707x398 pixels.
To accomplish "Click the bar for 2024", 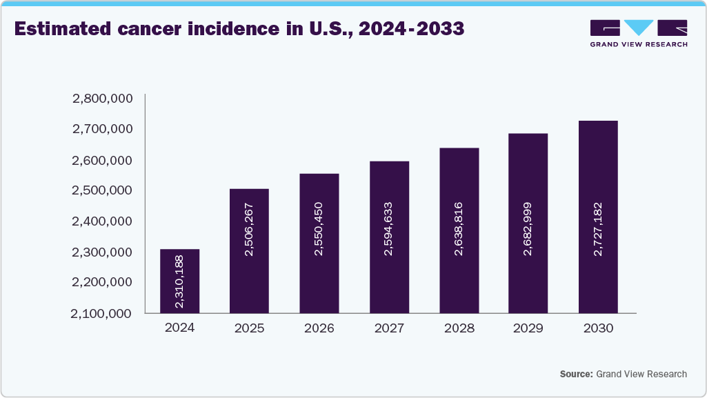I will coord(179,281).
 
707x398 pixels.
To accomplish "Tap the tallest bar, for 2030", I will coord(598,217).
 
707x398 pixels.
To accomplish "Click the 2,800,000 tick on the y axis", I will coord(102,99).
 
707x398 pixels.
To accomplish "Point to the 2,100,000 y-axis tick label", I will coord(102,313).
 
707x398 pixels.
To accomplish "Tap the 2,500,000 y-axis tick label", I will coord(102,190).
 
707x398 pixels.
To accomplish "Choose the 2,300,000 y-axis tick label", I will coord(102,252).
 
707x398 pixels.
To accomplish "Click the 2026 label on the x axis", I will coord(319,328).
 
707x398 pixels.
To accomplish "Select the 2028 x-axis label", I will coord(459,328).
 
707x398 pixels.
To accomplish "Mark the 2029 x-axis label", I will coord(528,328).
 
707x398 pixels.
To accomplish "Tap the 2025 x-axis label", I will coord(249,328).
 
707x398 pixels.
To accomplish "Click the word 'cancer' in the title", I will coord(146,30).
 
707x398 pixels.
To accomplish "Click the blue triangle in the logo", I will coord(639,28).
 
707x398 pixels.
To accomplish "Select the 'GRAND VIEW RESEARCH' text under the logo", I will coord(639,44).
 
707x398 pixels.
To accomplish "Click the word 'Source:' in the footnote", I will coord(576,374).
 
